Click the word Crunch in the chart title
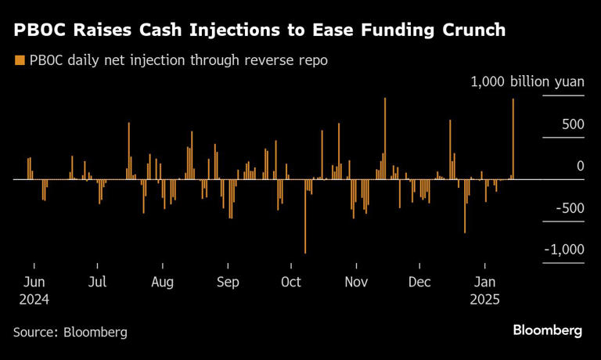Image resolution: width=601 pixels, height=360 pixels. [468, 31]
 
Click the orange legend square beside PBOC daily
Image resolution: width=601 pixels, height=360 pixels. [19, 60]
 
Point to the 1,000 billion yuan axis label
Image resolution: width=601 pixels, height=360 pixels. [526, 82]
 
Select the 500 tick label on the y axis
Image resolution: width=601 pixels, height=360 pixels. [573, 124]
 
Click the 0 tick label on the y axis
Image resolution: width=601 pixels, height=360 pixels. [581, 166]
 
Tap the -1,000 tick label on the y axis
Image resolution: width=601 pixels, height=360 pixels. [563, 249]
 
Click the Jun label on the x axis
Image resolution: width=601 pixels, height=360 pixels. [34, 282]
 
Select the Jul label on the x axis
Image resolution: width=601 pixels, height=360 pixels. [98, 282]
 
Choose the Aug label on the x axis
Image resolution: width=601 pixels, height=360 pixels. [162, 282]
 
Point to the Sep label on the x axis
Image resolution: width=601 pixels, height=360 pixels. [228, 282]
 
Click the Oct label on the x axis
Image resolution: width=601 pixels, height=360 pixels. [290, 282]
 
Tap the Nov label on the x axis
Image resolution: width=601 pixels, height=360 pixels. [356, 282]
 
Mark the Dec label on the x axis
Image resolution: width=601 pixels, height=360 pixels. [420, 282]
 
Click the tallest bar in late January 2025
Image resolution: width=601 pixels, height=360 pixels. [513, 139]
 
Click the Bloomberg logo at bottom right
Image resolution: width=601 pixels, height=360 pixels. [547, 330]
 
